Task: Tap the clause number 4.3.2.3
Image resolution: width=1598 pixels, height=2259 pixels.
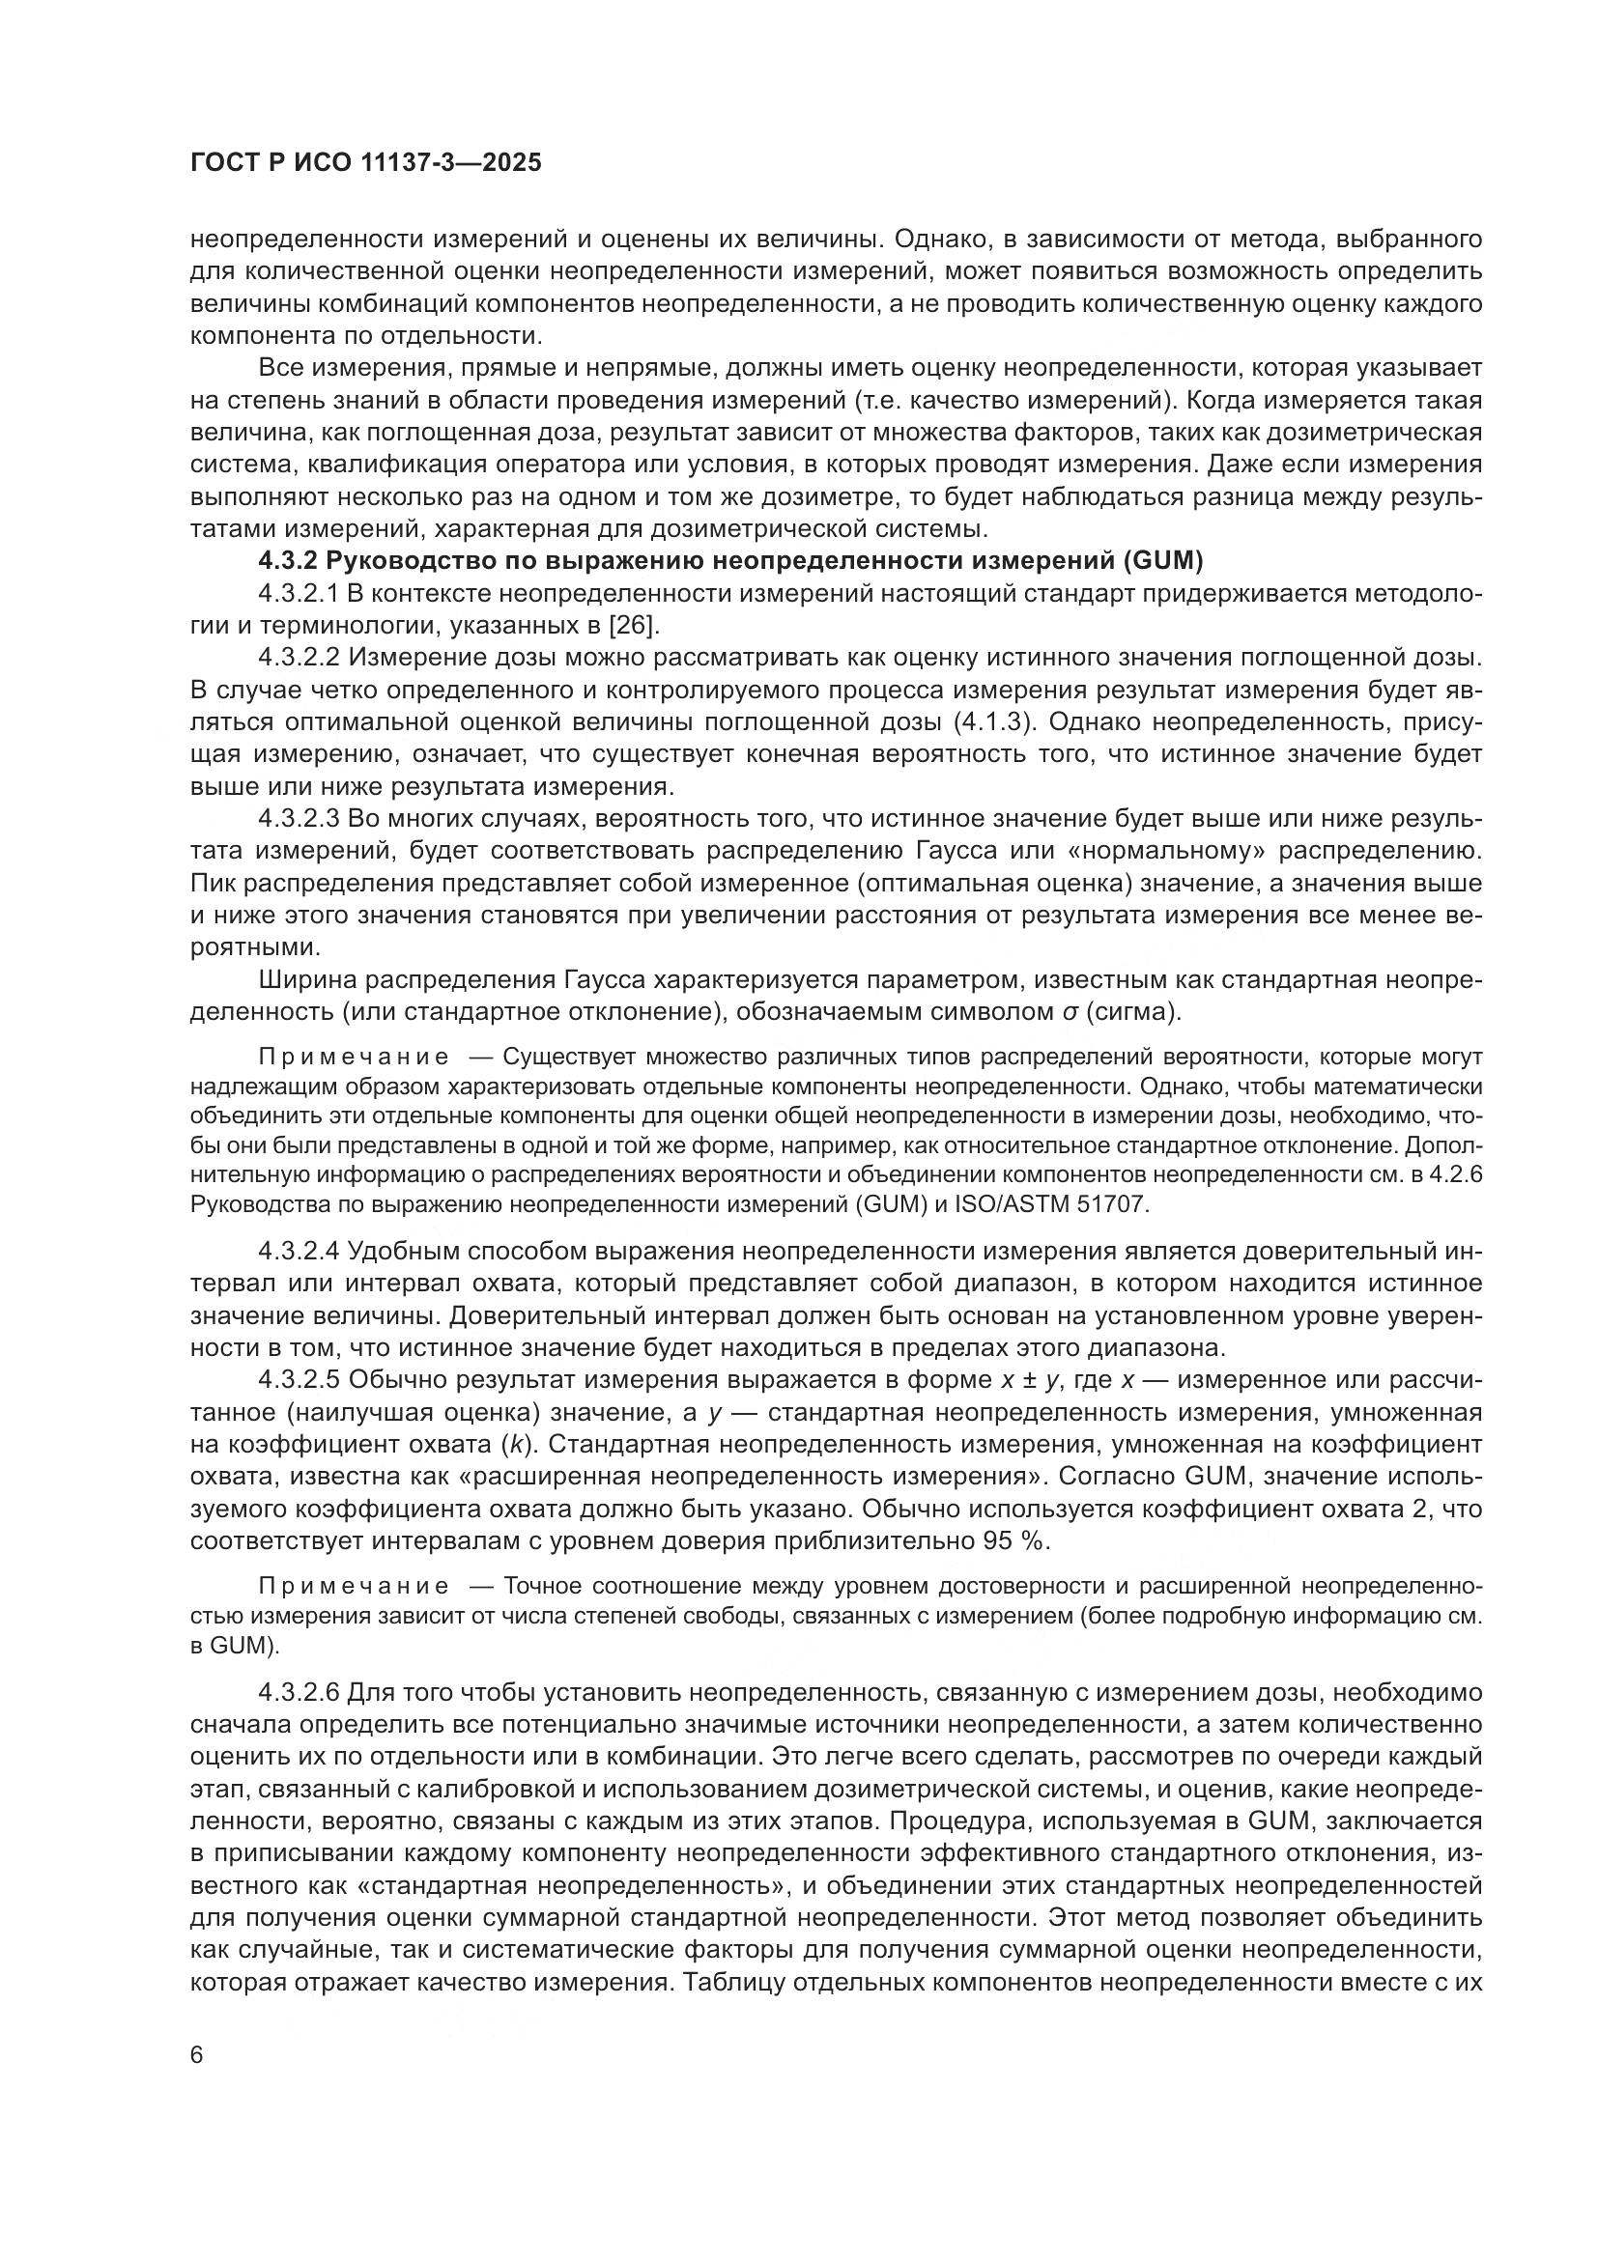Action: pos(300,819)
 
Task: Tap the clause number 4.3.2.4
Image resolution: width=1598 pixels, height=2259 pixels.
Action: pos(300,1252)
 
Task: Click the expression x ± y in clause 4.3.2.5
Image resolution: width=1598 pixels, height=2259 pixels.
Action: pos(1029,1381)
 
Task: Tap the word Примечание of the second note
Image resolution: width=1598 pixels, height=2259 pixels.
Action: pos(354,1586)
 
